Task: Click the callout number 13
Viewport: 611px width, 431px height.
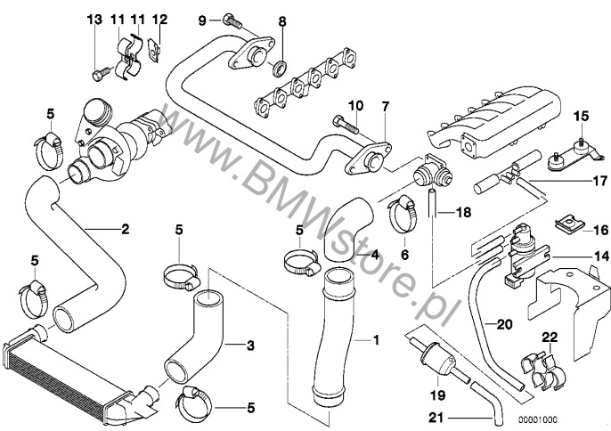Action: point(95,20)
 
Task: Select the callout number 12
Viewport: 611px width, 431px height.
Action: point(159,20)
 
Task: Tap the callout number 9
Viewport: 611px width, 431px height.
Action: point(202,20)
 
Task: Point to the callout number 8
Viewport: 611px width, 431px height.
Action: point(282,20)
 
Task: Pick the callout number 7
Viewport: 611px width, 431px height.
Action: point(385,106)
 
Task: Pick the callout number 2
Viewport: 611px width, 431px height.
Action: point(125,229)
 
